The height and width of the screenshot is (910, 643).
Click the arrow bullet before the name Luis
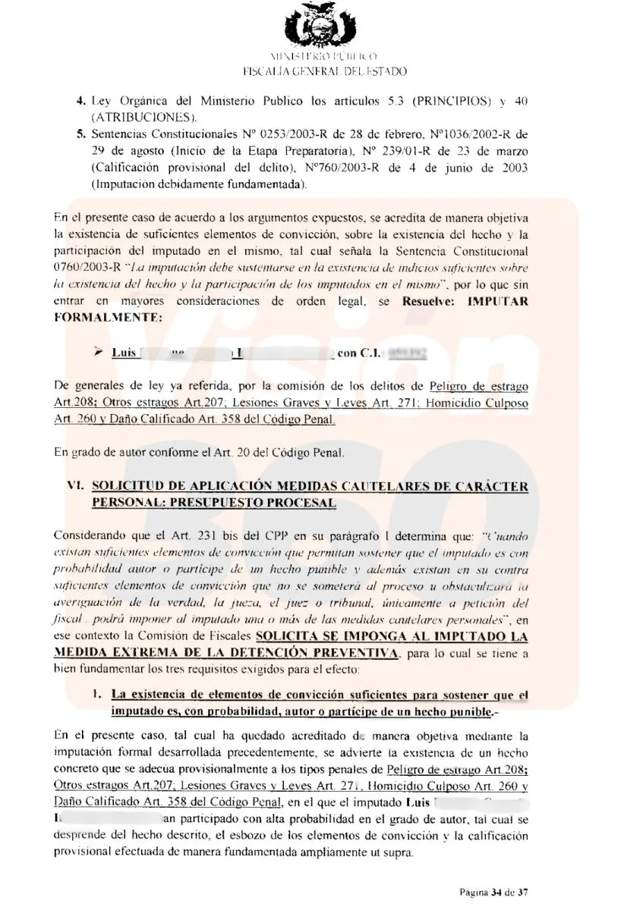96,352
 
